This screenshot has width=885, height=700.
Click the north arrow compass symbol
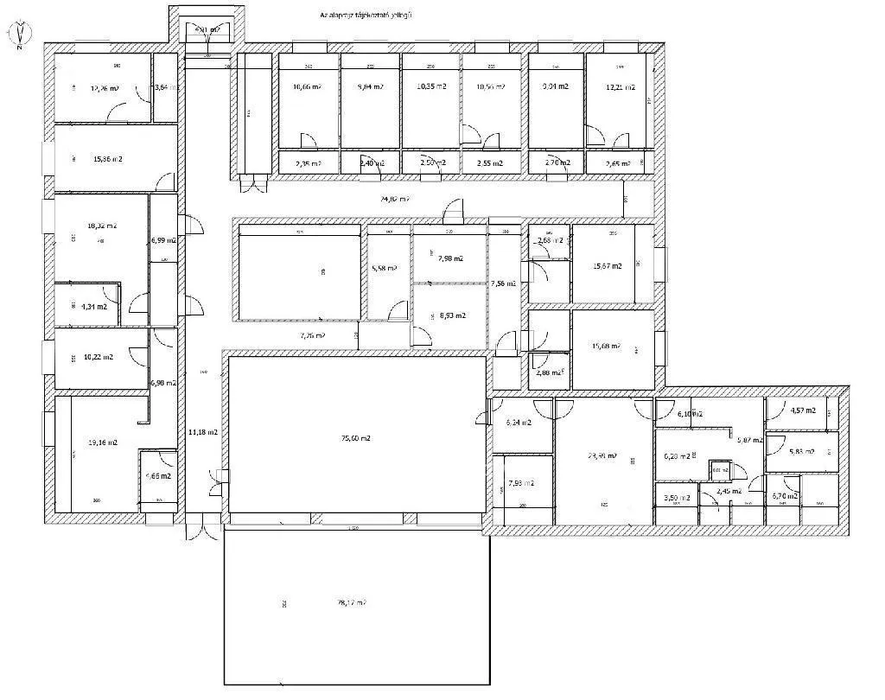tap(20, 33)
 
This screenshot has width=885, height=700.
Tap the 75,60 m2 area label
tap(355, 438)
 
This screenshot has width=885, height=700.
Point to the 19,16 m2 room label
tap(102, 442)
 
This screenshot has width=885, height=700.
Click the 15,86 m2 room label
tap(106, 159)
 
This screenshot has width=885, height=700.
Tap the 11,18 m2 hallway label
tap(202, 431)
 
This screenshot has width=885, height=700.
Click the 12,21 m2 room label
tap(620, 87)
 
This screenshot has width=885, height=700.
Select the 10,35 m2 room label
tap(431, 87)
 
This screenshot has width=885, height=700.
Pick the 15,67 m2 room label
tap(607, 266)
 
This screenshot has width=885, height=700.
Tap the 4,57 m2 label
tap(802, 410)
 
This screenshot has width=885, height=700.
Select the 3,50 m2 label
tap(676, 498)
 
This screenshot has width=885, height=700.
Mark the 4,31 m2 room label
tap(93, 306)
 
